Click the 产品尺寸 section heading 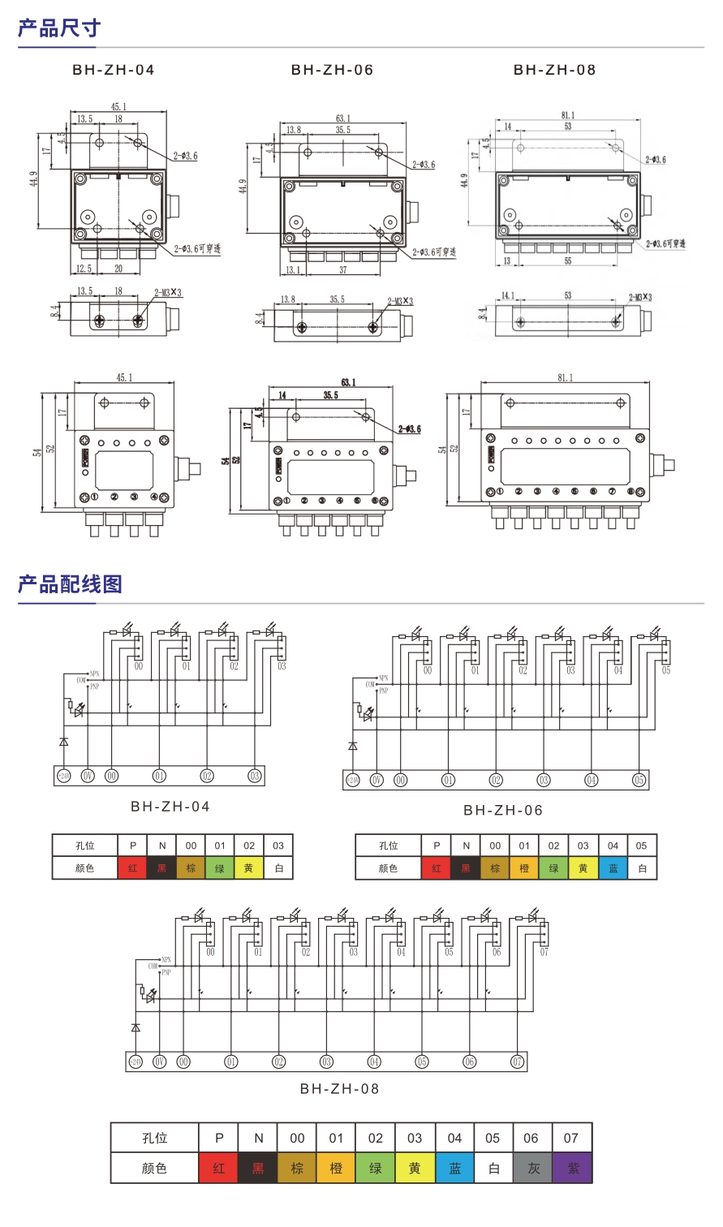tap(59, 28)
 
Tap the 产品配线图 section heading tap(70, 584)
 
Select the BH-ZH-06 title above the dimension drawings tap(332, 70)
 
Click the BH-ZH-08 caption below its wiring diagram tap(339, 1089)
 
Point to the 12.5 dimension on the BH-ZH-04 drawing tap(84, 269)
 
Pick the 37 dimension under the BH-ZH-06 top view tap(342, 270)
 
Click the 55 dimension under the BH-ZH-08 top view tap(568, 261)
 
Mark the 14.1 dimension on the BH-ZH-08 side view tap(508, 295)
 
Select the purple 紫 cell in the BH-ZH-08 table tap(573, 1169)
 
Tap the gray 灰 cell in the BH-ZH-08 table tap(532, 1169)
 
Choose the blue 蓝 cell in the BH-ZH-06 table tap(613, 868)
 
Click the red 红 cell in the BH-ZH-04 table tap(132, 868)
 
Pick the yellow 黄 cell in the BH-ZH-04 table tap(248, 868)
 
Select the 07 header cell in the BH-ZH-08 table tap(571, 1138)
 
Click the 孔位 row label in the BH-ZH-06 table tap(388, 846)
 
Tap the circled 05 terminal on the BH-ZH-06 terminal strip tap(639, 780)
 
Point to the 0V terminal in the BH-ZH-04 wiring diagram tap(88, 776)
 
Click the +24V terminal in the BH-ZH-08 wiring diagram tap(136, 1061)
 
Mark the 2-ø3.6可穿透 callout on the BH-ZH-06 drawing tap(434, 252)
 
